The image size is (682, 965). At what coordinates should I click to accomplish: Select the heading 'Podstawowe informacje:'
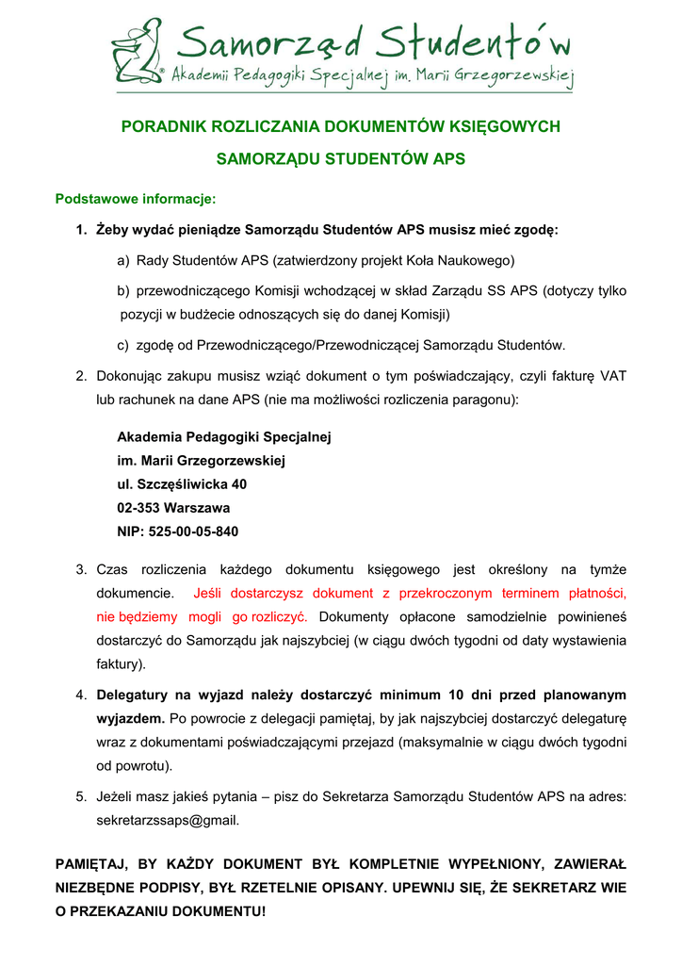(x=136, y=199)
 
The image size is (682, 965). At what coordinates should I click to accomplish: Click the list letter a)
(x=123, y=259)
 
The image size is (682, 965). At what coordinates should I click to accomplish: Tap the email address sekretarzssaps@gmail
(x=168, y=820)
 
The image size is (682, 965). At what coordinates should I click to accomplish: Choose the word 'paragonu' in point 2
(x=485, y=400)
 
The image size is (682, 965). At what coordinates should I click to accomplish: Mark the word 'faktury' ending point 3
(x=119, y=663)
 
